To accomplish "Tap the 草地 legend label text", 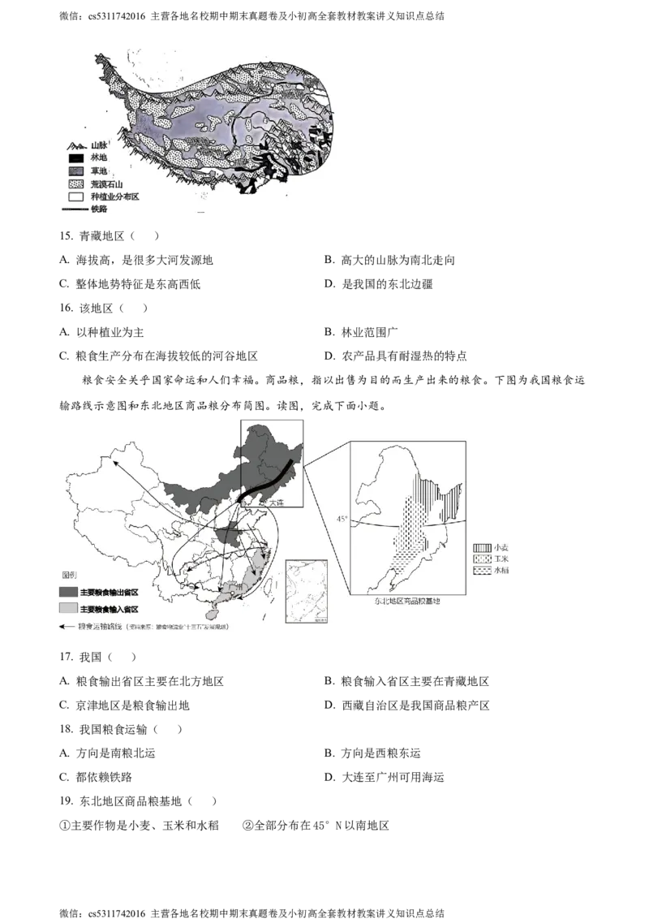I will coord(99,170).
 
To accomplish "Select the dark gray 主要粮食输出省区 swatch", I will coord(67,592).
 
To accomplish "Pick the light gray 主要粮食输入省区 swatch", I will coord(67,608).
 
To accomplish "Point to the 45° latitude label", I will coord(342,517).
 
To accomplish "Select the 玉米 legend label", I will coord(503,560).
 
